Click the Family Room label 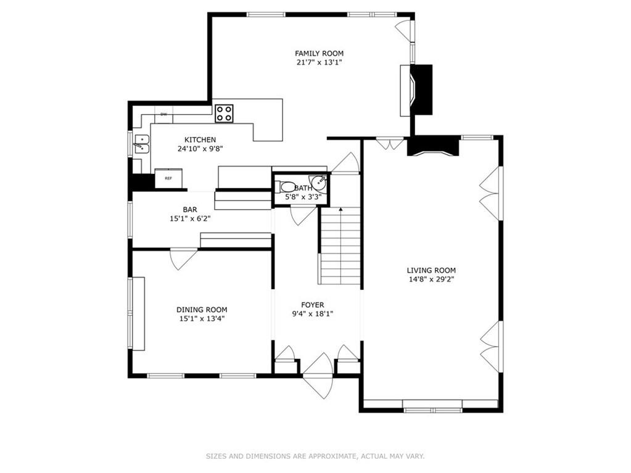coord(319,53)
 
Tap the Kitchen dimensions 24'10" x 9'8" coord(200,149)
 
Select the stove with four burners coord(224,113)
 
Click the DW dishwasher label coord(164,115)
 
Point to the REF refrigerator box coord(168,178)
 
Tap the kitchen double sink coord(141,144)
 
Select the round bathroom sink coord(318,183)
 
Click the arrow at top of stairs coord(340,210)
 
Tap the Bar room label coord(190,210)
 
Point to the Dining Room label coord(202,310)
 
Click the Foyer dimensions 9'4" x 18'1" coord(313,314)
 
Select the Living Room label coord(431,270)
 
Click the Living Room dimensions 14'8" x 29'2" coord(431,279)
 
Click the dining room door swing coord(184,259)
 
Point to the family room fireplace coord(416,90)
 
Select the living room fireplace coord(434,146)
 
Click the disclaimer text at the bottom coord(315,456)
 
